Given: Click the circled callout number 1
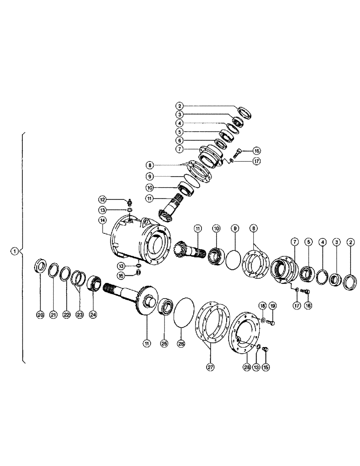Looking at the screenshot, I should click(15, 251).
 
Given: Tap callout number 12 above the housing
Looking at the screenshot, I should click(102, 201).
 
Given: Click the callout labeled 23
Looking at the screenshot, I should click(80, 315).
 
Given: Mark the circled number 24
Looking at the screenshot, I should click(94, 315).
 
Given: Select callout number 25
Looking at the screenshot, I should click(164, 343).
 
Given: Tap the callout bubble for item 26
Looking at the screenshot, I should click(181, 343).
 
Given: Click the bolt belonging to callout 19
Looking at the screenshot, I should click(272, 321).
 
